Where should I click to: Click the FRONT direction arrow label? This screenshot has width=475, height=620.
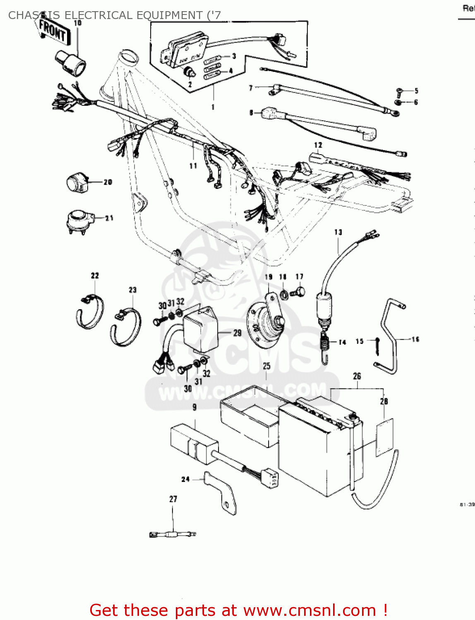pyautogui.click(x=52, y=31)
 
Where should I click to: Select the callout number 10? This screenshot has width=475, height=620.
pyautogui.click(x=77, y=23)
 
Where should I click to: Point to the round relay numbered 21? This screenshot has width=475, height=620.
pyautogui.click(x=79, y=221)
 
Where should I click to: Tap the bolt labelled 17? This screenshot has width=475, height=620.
pyautogui.click(x=299, y=292)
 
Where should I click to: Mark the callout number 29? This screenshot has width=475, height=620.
pyautogui.click(x=237, y=333)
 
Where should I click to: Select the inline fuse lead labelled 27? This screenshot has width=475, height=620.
pyautogui.click(x=173, y=534)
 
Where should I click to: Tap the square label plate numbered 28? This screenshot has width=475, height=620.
pyautogui.click(x=384, y=437)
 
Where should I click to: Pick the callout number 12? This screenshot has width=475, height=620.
pyautogui.click(x=318, y=145)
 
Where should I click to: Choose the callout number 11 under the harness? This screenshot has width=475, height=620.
pyautogui.click(x=193, y=166)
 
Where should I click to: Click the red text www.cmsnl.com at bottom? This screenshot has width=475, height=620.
pyautogui.click(x=309, y=610)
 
